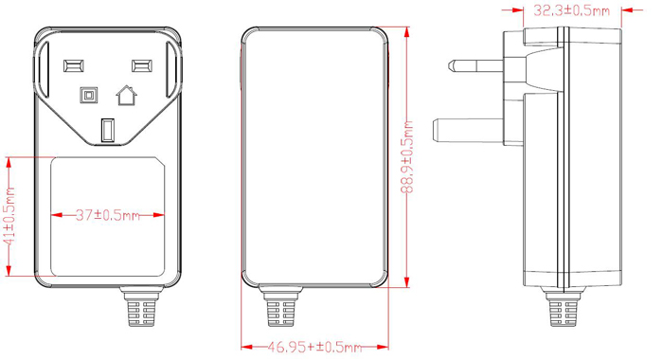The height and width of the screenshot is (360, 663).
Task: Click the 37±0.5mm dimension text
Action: pyautogui.click(x=107, y=216)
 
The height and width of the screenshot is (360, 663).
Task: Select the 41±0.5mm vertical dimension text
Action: pyautogui.click(x=10, y=218)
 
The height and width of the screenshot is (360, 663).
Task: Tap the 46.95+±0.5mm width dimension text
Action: pyautogui.click(x=314, y=348)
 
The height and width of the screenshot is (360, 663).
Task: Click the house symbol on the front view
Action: pyautogui.click(x=125, y=95)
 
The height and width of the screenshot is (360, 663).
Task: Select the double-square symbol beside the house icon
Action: pyautogui.click(x=90, y=95)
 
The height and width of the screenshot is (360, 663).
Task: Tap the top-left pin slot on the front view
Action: pyautogui.click(x=72, y=66)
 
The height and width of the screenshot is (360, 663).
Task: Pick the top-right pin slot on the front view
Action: pyautogui.click(x=142, y=66)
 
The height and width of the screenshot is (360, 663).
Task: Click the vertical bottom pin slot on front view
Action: pyautogui.click(x=108, y=129)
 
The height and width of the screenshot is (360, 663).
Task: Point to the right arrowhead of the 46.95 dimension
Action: pyautogui.click(x=382, y=348)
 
